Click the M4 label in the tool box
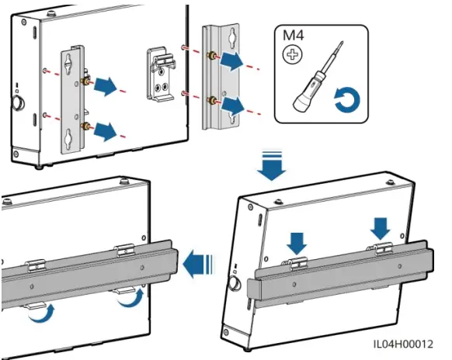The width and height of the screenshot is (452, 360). [x=293, y=36]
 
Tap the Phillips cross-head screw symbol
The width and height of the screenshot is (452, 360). [x=292, y=55]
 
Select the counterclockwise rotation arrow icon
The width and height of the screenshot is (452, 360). [x=347, y=99]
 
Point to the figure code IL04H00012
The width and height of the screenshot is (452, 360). [x=403, y=344]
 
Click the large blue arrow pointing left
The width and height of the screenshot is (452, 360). [x=198, y=264]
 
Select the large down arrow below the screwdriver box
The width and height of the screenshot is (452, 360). [x=271, y=165]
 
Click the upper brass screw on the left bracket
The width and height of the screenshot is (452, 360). [x=85, y=81]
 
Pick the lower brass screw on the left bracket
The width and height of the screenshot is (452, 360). [x=85, y=126]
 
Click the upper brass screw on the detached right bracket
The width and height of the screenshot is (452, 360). [x=213, y=55]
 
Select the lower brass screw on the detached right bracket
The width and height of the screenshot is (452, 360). [x=213, y=101]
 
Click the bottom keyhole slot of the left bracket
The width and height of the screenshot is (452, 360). [x=68, y=137]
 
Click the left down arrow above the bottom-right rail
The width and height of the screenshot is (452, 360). [x=297, y=244]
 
